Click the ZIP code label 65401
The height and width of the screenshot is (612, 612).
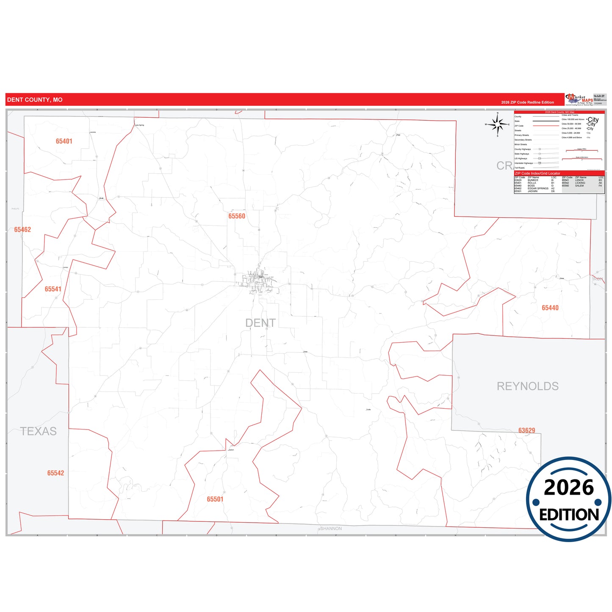[64, 141]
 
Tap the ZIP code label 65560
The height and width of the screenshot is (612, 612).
[237, 216]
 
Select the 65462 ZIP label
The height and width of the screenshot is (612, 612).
[22, 230]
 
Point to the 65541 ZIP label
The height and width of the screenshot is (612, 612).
[53, 289]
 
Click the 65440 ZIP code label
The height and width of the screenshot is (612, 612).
[550, 308]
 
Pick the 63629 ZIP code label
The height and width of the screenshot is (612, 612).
[527, 430]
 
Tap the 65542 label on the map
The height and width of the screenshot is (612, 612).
[55, 473]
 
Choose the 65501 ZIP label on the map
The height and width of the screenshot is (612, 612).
[215, 499]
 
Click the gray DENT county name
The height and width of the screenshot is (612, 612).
[260, 323]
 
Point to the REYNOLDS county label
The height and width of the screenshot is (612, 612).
[528, 386]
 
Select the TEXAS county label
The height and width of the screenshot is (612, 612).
[39, 431]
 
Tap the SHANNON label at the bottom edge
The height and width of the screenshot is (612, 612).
[331, 529]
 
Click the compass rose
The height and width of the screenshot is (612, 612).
[498, 125]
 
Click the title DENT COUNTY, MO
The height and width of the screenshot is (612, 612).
[35, 100]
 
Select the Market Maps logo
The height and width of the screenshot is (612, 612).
[579, 100]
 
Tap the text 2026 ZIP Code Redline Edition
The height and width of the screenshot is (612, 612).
[527, 102]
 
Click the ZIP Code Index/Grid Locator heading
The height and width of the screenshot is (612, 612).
[537, 173]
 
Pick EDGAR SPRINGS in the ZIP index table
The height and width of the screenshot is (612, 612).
[538, 188]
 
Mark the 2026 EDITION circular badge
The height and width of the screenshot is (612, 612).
[569, 499]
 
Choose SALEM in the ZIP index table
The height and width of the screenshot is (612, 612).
[579, 186]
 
